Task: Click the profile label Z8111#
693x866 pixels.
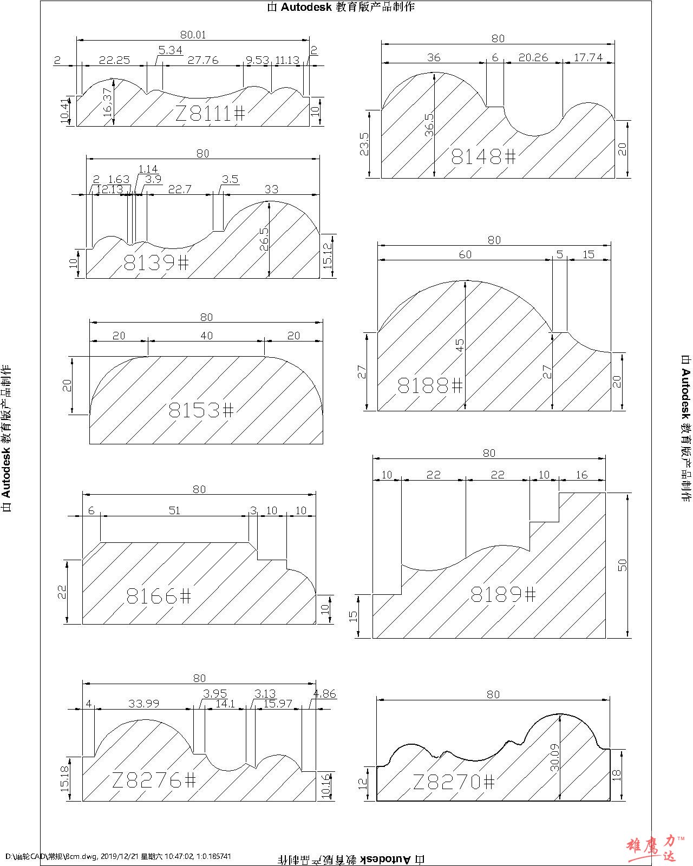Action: [x=210, y=113]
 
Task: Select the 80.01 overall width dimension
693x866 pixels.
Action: [x=193, y=35]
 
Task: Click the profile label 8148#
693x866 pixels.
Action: [x=484, y=157]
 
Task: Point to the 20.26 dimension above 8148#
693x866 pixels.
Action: [x=533, y=57]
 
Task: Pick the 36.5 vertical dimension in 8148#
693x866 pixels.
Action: [x=429, y=126]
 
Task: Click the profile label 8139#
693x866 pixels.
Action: [x=156, y=263]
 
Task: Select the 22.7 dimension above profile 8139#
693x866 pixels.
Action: [x=180, y=189]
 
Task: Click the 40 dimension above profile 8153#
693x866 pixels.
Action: [x=206, y=336]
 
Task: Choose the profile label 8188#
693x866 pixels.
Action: [x=430, y=386]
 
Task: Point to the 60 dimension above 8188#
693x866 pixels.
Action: [x=465, y=254]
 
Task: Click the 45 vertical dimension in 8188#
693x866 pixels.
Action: [x=460, y=345]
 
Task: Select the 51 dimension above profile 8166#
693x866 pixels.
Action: [x=174, y=510]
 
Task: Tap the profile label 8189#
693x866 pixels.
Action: [x=503, y=595]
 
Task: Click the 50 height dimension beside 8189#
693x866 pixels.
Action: [x=623, y=565]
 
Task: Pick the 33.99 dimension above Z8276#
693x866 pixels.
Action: [x=143, y=703]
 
